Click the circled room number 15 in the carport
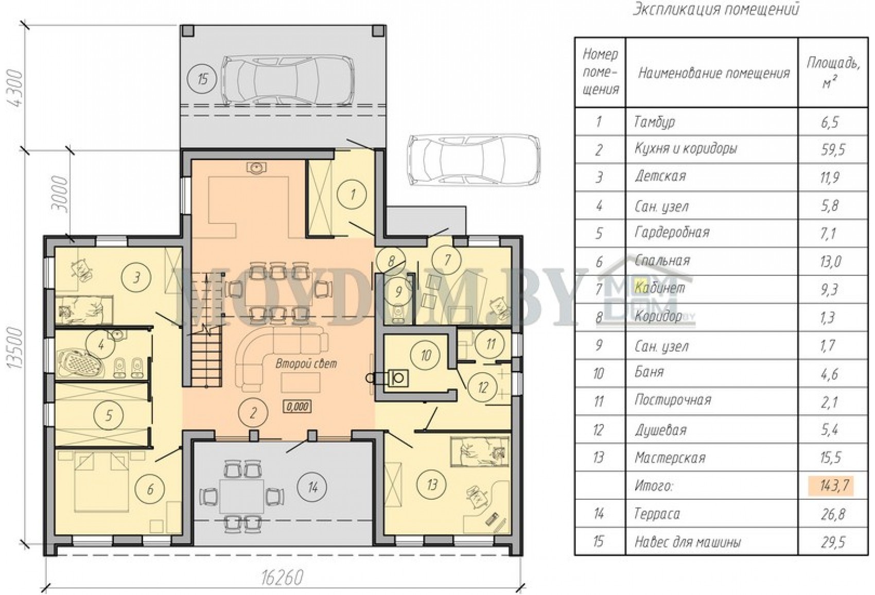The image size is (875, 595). coord(202,79)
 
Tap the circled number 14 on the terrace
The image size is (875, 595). coord(312,487)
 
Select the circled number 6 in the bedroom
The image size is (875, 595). coord(150,489)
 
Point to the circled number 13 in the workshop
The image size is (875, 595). coord(432,485)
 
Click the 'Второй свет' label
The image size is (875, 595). coord(306,364)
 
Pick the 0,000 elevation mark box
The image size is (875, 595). coord(297,407)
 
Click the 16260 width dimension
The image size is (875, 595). coord(283,577)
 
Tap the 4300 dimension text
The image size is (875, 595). coord(15,89)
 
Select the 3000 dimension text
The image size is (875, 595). coord(60,194)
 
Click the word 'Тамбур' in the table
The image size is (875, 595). coord(655,122)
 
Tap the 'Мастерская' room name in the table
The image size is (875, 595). coord(670,458)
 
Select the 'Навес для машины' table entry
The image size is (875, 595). coord(688,542)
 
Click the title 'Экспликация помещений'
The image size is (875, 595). coord(715,9)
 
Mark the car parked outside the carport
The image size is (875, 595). coord(474,159)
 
